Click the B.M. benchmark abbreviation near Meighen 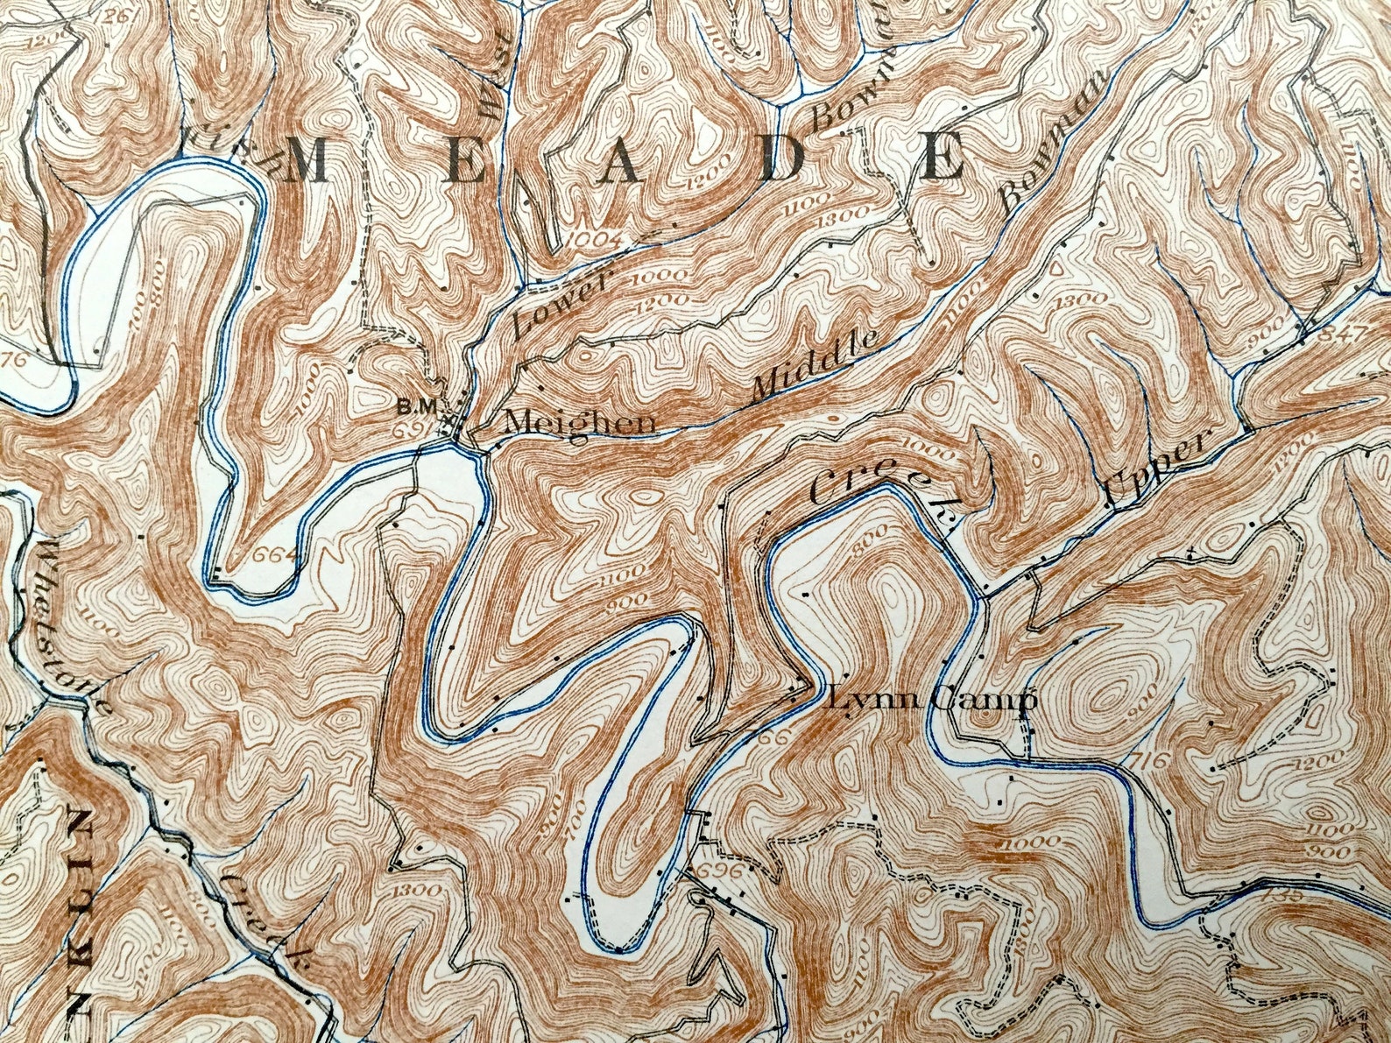410,406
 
